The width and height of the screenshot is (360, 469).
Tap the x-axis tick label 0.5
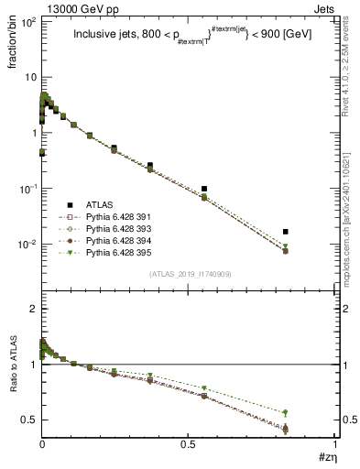189,445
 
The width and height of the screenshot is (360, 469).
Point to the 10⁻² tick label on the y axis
25,245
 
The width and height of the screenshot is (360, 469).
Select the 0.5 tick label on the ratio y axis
27,420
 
